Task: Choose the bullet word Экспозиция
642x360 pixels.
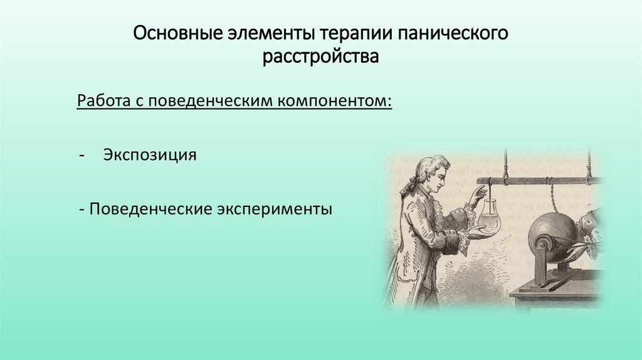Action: pos(150,154)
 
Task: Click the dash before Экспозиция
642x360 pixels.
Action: pos(82,155)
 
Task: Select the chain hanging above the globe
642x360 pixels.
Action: pos(551,197)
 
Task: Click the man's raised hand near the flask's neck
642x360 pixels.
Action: pos(476,195)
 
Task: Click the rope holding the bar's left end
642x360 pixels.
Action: pos(505,164)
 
